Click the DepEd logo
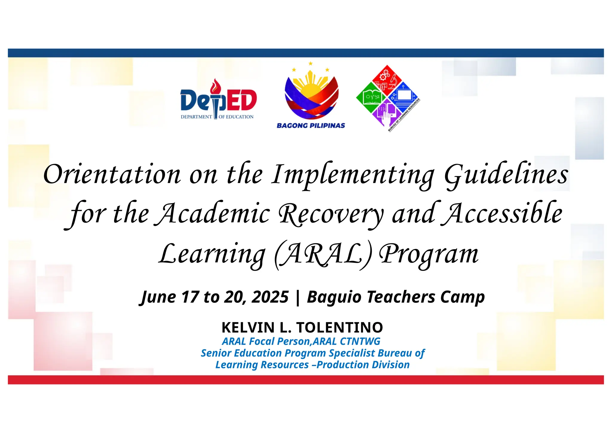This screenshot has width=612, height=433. coord(218,101)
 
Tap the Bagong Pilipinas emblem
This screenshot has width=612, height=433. coord(311,93)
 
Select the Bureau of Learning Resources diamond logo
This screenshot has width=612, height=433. coord(388,98)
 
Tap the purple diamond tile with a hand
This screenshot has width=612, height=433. coord(387,113)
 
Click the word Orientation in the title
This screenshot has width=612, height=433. coord(112,174)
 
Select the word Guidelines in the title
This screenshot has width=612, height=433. coord(506,174)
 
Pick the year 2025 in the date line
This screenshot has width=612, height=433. coord(270,297)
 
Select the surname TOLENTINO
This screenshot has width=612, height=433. coord(339,327)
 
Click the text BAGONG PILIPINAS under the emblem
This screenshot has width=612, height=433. coord(311,126)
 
